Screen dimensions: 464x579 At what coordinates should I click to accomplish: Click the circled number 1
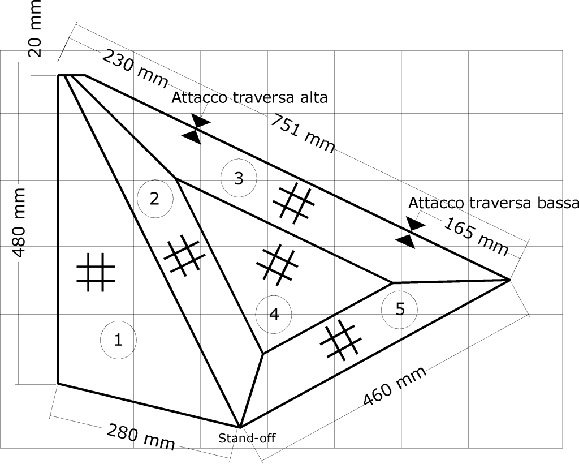(118, 340)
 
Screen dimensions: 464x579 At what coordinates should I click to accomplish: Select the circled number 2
(154, 198)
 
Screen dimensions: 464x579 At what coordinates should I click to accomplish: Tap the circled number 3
(239, 178)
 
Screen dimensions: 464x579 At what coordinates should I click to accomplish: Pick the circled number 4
(274, 315)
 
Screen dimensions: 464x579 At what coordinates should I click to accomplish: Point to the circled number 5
(400, 309)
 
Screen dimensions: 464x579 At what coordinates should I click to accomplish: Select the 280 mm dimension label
(140, 436)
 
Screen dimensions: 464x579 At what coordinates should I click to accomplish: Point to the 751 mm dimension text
(302, 134)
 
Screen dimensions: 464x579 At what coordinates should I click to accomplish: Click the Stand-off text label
(247, 437)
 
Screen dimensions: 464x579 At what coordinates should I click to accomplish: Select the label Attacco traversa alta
(249, 98)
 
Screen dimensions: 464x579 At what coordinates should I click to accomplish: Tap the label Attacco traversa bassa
(492, 203)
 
